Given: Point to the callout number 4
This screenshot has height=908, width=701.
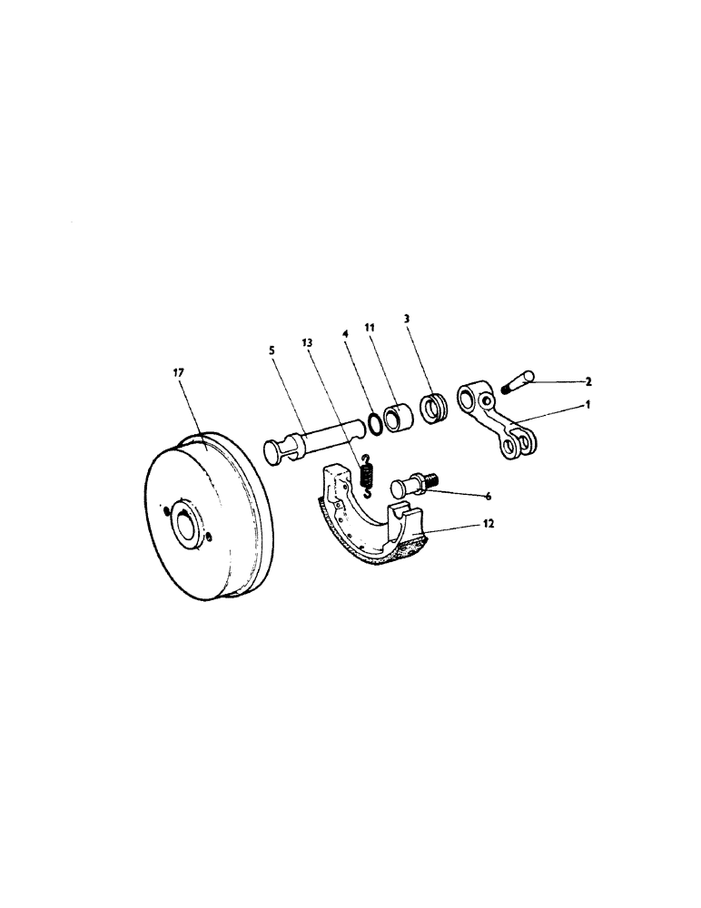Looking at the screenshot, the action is (346, 335).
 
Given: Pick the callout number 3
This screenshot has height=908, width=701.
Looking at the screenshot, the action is (406, 321).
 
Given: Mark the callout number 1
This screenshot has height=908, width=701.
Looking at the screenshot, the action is (588, 406).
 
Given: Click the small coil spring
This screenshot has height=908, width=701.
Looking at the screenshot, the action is (366, 476).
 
